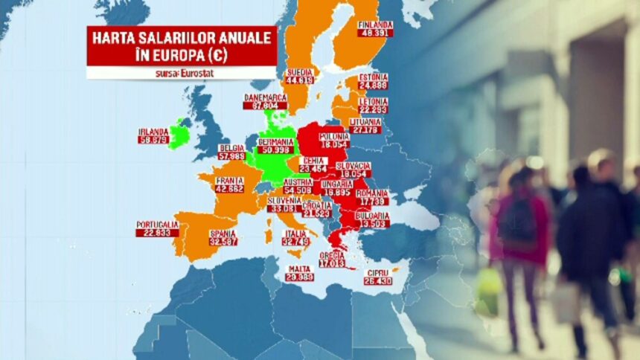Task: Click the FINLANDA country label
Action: pos(375,25)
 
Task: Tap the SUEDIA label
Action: pos(300,72)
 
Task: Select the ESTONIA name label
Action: pos(373,77)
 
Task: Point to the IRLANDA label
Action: pos(153,132)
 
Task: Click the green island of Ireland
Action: pos(179,136)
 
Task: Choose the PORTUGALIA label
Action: pos(157,224)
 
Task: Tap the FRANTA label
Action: pos(229,180)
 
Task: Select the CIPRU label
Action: pos(378,272)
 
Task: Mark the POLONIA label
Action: pos(333,136)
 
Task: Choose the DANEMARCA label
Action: pos(265,97)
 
